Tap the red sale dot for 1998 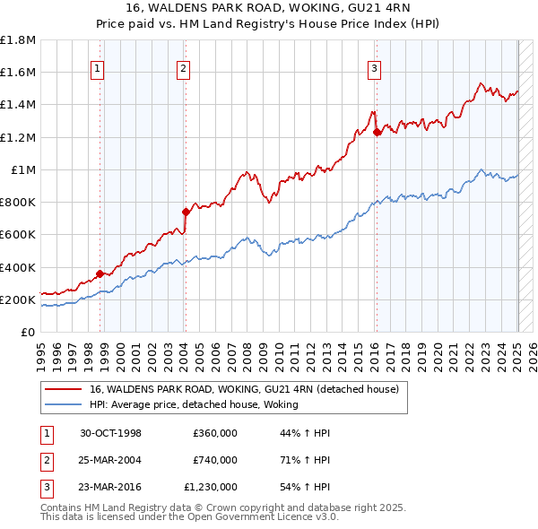[x=100, y=273]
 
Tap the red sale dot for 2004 [x=185, y=212]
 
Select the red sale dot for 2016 [x=377, y=132]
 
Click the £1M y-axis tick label [x=24, y=169]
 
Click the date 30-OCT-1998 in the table [x=110, y=433]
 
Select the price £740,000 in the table [x=214, y=460]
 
